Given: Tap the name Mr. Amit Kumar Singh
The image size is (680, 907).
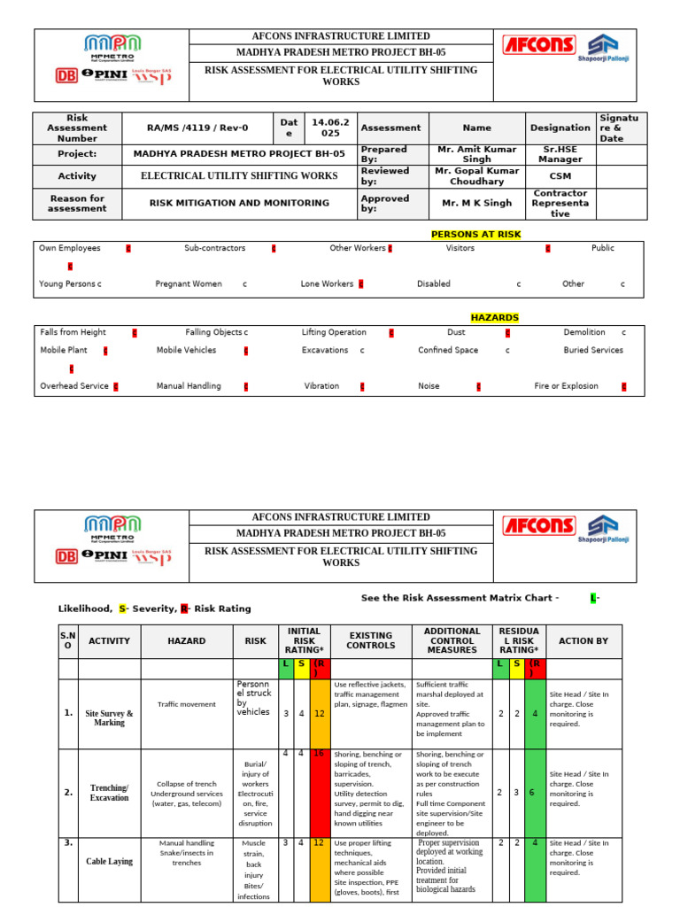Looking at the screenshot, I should [x=476, y=154].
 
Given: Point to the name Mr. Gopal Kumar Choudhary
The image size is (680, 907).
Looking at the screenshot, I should [x=476, y=175].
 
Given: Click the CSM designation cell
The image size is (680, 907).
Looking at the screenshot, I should [x=560, y=175].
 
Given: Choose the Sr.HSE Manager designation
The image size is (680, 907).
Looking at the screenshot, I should [x=560, y=154].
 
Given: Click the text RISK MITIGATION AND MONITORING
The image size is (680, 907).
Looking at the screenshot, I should [x=239, y=203].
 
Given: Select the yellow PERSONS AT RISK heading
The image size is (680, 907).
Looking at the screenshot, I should [x=475, y=235].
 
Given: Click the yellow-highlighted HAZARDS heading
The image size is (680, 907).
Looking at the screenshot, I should [x=494, y=317].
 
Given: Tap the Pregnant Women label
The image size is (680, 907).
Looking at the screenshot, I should [x=189, y=284].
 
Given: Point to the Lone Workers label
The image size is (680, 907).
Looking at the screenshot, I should [x=327, y=284].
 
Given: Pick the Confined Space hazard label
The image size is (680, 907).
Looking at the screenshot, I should [x=448, y=351].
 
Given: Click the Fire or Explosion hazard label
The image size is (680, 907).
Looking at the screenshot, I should [x=566, y=386].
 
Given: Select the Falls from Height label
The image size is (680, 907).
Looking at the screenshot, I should [x=73, y=332].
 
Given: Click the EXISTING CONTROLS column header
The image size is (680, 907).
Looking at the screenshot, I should [x=370, y=640].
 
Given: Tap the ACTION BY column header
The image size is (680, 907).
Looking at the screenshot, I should [x=583, y=640].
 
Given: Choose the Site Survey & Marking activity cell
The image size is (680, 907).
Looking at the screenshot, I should [x=109, y=717].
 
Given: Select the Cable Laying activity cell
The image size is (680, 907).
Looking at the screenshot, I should [x=109, y=861].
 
